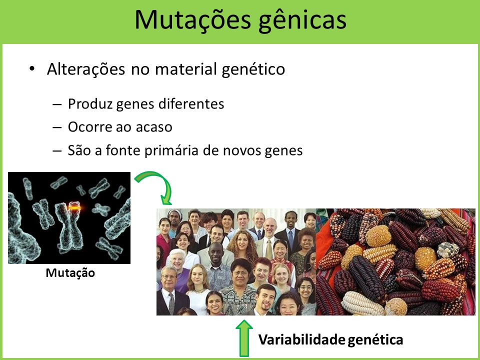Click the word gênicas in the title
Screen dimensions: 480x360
(302, 21)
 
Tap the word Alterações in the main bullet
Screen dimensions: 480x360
(86, 68)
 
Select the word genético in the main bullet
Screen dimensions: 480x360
(253, 69)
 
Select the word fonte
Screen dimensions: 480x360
(123, 150)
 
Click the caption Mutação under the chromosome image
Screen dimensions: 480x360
(70, 273)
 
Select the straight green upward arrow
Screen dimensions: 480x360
(244, 338)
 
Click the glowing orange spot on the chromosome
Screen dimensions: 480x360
(74, 207)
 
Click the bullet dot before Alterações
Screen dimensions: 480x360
(32, 69)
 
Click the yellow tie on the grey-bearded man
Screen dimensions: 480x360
(269, 249)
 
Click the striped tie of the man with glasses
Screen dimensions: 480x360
(171, 303)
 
